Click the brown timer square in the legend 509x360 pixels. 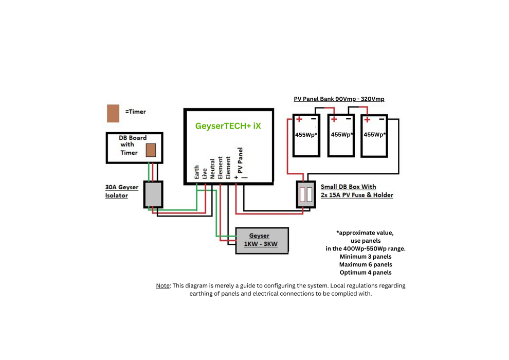pos(113,114)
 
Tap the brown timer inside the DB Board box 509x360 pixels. pos(151,150)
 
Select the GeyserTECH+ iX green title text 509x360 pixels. pos(228,125)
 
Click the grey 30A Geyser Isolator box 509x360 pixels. pos(153,194)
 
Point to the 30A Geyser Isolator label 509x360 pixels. pos(121,191)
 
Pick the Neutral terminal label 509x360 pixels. pos(212,169)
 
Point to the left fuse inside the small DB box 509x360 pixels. pos(302,195)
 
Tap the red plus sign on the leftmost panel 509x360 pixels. pos(299,120)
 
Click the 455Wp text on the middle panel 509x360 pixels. pos(342,135)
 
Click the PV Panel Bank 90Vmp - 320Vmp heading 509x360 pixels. pos(339,99)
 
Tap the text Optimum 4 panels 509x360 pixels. pos(366,272)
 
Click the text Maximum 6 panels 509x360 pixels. pos(366,264)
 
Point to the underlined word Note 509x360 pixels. pos(163,285)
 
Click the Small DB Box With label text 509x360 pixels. pos(348,187)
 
